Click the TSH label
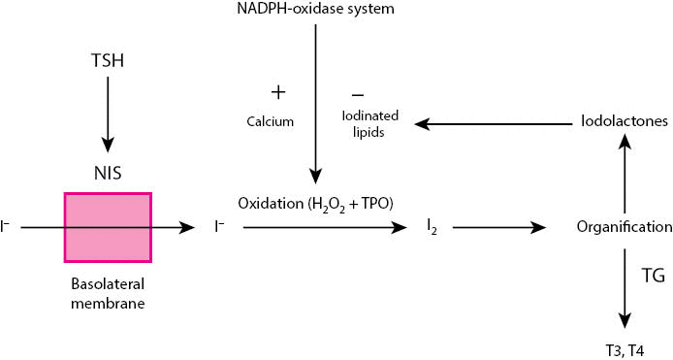pos(107,59)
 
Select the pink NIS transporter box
pos(107,227)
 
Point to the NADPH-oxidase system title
pos(316,10)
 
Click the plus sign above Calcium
pos(278,92)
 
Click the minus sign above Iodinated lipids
pos(358,94)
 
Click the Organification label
pos(625,227)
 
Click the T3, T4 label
pos(625,349)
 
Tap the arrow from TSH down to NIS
pos(107,112)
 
